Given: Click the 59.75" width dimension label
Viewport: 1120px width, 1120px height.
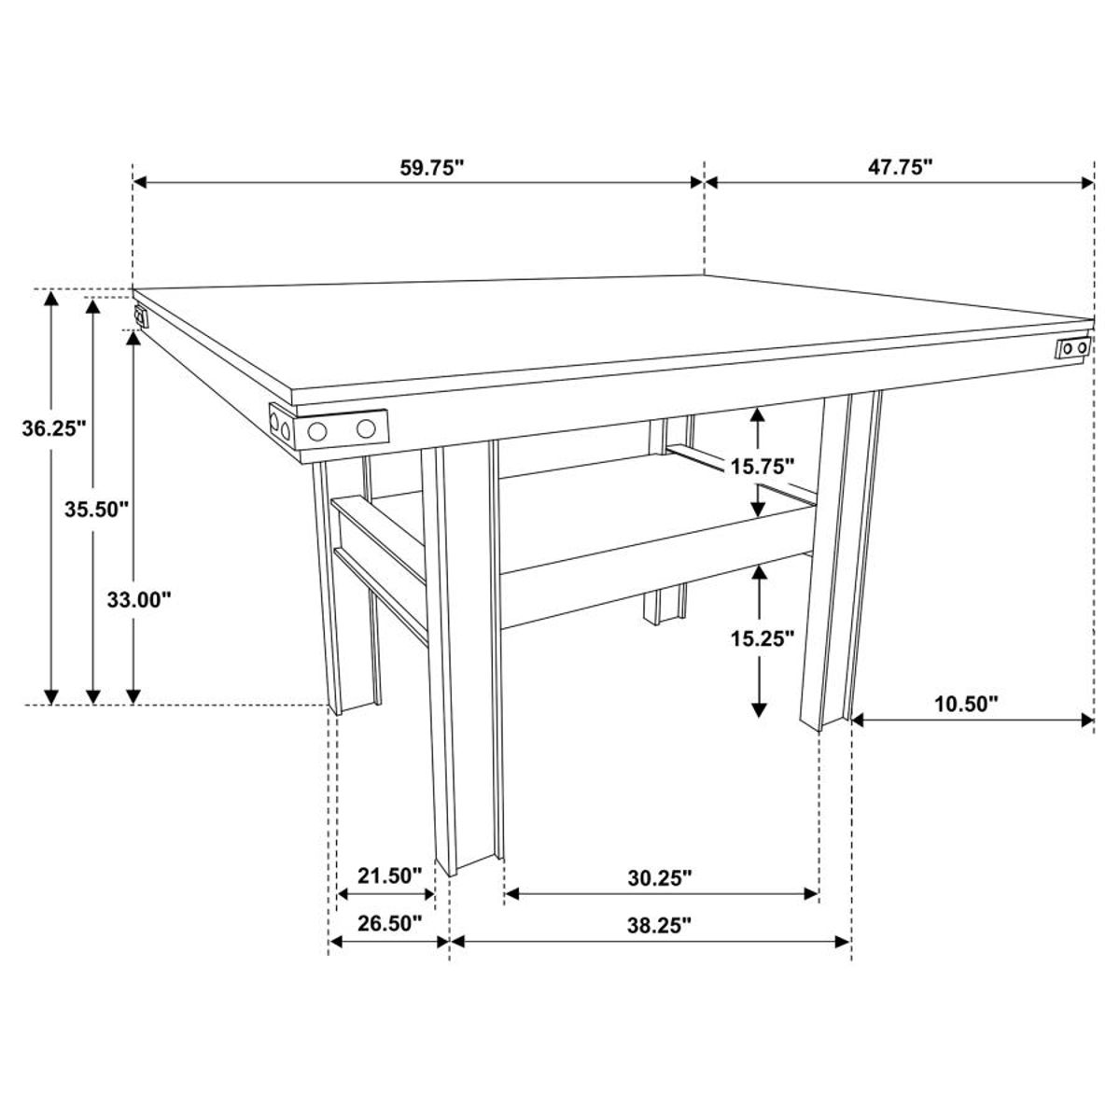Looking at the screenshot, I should click(x=432, y=168).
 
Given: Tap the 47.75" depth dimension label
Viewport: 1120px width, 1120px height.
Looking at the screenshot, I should click(x=899, y=168).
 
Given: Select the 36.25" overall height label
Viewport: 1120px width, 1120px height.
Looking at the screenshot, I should click(x=54, y=429).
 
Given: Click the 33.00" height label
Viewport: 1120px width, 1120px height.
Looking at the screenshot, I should click(x=138, y=600).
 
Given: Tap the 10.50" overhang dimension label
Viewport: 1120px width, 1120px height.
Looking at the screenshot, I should click(x=966, y=703).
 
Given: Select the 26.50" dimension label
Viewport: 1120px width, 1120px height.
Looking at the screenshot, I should click(x=390, y=924).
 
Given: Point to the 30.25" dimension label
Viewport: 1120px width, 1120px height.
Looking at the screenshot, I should click(x=659, y=877).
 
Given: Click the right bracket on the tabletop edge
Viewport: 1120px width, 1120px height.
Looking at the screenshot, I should click(x=1072, y=348).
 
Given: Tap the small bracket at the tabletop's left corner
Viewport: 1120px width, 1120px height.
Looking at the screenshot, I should click(x=141, y=316).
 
